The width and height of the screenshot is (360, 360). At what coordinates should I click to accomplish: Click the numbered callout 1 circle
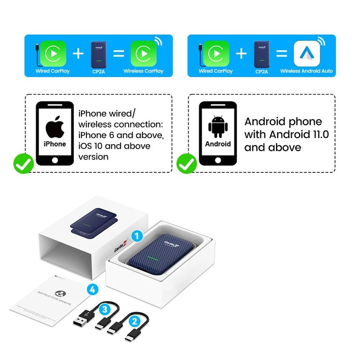click(x=138, y=234)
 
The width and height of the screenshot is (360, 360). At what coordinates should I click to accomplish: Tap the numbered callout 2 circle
click(x=134, y=321)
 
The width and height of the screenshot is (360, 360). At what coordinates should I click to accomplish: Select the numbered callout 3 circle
click(x=104, y=310)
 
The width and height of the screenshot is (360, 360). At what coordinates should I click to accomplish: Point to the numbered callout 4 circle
click(x=92, y=290)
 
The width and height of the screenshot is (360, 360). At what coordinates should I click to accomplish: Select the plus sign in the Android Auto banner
click(x=242, y=54)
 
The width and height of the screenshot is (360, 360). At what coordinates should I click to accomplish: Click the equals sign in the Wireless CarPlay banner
click(x=118, y=54)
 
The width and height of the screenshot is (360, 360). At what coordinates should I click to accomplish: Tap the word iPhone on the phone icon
click(x=54, y=144)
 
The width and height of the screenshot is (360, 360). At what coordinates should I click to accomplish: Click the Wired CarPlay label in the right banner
click(x=216, y=71)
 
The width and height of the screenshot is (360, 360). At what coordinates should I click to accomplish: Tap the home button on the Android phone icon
click(x=218, y=160)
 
